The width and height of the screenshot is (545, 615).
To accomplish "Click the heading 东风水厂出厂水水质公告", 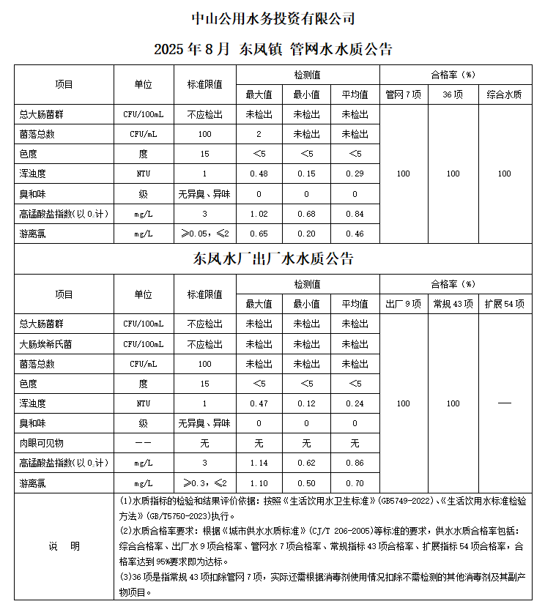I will point(272,259).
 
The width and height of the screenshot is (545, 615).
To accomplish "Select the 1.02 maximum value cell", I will point(259,214).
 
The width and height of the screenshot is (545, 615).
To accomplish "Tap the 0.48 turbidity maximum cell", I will point(259,174).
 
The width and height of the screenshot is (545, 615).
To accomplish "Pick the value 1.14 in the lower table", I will point(259,463).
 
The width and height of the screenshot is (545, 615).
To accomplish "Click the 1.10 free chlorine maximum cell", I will point(259,483).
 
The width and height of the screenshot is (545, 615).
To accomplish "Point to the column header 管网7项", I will point(403,94).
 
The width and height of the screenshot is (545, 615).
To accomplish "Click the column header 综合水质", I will point(504,94).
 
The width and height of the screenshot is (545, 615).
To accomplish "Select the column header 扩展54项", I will point(504,304).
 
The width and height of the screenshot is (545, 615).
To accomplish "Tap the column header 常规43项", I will point(453,304).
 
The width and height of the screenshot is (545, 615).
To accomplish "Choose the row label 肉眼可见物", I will point(42,443).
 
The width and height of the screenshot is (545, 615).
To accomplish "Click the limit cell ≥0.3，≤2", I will point(204,483).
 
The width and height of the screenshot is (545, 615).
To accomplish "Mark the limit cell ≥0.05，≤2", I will point(204,234).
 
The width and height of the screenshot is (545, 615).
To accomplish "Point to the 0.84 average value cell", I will point(355,214).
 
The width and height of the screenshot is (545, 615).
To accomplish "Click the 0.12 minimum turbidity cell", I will point(306,403).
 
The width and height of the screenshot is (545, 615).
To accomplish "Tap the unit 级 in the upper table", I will point(144,194).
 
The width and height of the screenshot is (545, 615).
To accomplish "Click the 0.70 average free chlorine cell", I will point(355,483).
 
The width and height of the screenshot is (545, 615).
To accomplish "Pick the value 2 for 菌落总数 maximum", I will point(259,134).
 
